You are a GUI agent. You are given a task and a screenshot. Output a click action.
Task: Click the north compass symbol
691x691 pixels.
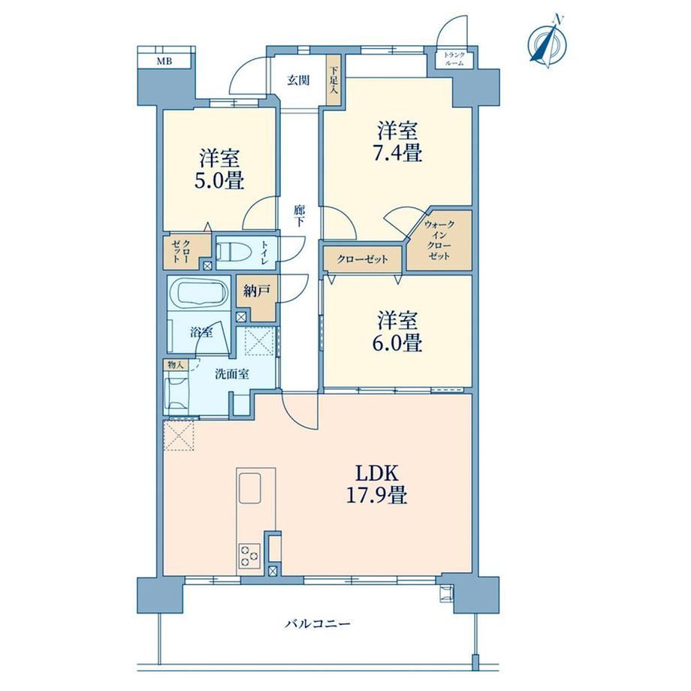click(548, 42)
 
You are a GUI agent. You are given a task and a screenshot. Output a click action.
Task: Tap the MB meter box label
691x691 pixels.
click(164, 62)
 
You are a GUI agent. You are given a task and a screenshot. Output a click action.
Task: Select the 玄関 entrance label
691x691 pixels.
click(298, 80)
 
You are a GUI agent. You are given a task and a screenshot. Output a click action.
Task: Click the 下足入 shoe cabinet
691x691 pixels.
click(333, 80)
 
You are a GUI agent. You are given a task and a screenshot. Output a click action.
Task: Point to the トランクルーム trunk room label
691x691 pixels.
click(454, 59)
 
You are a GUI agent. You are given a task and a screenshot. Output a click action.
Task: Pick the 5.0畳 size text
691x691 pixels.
click(219, 181)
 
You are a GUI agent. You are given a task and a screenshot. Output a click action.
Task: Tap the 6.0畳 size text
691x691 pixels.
click(397, 342)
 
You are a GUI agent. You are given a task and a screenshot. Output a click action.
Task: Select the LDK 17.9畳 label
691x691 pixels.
click(376, 484)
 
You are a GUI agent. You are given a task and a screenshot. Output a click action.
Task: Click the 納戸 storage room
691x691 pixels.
click(256, 298)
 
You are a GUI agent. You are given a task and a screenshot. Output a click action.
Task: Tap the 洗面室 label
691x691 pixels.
click(232, 375)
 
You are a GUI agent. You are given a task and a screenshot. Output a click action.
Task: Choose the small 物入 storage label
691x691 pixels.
click(176, 365)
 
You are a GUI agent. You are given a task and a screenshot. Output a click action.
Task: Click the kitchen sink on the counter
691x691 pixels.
click(250, 488)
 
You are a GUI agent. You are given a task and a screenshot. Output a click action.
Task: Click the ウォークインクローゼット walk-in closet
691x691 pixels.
click(439, 240)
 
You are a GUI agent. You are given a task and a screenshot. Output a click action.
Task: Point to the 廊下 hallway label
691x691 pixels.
click(299, 216)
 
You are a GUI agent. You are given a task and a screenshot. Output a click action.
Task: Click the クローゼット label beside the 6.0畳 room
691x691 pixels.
click(362, 259)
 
